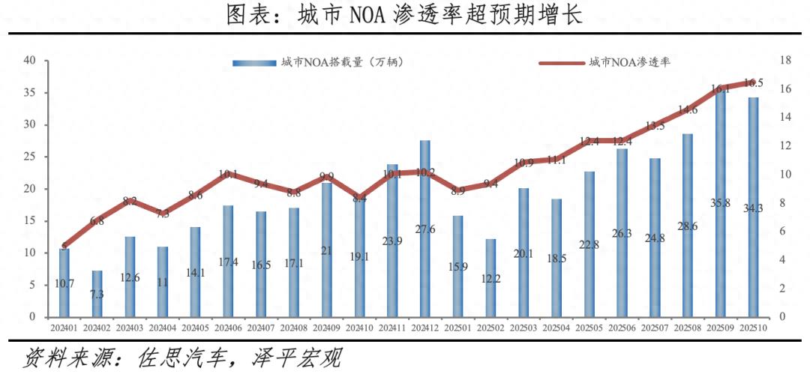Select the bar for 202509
(720, 202)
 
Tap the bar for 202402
(97, 294)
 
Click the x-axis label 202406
(228, 328)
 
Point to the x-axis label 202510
(752, 328)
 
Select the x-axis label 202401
(64, 328)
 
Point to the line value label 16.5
(753, 83)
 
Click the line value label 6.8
(97, 221)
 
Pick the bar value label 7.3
(97, 294)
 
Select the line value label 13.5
(655, 126)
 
